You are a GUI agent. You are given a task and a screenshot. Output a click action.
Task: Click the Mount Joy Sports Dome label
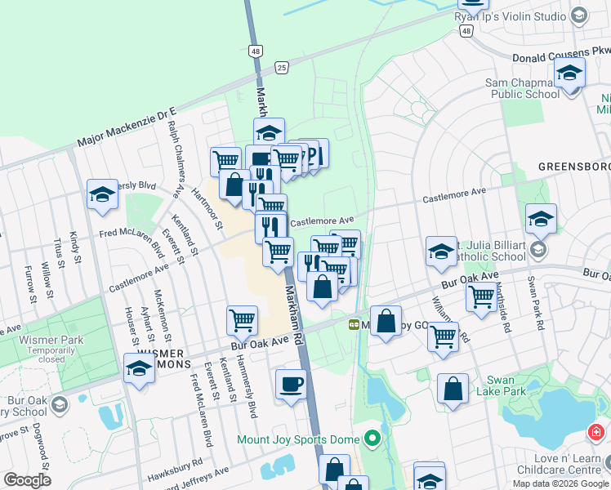pyautogui.click(x=298, y=439)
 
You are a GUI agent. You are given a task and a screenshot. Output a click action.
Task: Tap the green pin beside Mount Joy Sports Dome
pyautogui.click(x=372, y=440)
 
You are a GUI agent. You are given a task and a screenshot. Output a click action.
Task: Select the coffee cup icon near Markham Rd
pyautogui.click(x=291, y=385)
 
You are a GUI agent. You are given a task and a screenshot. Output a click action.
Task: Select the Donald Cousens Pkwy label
pyautogui.click(x=549, y=56)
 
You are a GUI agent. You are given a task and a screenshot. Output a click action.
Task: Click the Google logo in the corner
pyautogui.click(x=27, y=480)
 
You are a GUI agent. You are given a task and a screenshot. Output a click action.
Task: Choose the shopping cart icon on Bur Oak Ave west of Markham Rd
pyautogui.click(x=242, y=321)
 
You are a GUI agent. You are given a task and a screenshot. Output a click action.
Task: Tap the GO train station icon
pyautogui.click(x=355, y=324)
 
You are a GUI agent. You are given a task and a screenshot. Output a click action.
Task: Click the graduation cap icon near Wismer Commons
pyautogui.click(x=139, y=368)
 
